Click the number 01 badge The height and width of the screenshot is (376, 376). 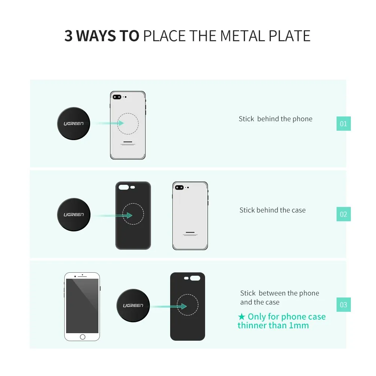(343, 124)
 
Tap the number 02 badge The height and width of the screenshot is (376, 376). (343, 214)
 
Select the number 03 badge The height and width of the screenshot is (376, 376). (343, 305)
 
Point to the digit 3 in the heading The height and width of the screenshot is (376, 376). (68, 36)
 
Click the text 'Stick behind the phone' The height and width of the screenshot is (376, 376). (276, 119)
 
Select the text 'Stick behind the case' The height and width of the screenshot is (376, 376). (272, 210)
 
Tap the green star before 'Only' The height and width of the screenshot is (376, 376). (242, 317)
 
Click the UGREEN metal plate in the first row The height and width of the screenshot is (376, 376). (74, 124)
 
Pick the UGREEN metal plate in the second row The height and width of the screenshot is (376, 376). (74, 214)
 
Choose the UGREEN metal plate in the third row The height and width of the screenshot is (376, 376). (133, 305)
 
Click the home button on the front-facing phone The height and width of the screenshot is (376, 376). (83, 337)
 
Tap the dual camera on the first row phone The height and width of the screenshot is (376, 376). (117, 97)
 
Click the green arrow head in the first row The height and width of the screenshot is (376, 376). (121, 123)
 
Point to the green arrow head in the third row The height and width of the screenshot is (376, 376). (184, 306)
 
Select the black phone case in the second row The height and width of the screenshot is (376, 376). (133, 216)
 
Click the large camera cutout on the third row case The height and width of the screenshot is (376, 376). (195, 278)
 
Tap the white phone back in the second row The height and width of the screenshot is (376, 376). (190, 216)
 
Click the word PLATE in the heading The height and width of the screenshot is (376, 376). (290, 36)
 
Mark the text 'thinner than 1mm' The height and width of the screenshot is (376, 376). (273, 325)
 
